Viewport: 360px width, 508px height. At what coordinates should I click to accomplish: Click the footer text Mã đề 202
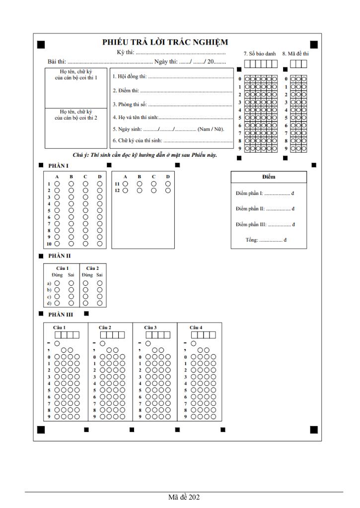pyautogui.click(x=184, y=497)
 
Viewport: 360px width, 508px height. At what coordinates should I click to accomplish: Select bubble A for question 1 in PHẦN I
pyautogui.click(x=57, y=184)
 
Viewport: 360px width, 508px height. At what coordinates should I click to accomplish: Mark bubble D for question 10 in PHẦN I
pyautogui.click(x=100, y=244)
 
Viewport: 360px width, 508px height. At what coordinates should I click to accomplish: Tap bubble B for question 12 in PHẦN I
pyautogui.click(x=140, y=190)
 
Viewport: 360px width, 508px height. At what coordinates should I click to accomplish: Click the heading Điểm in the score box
pyautogui.click(x=269, y=177)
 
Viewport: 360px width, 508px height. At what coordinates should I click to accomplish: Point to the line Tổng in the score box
pyautogui.click(x=269, y=240)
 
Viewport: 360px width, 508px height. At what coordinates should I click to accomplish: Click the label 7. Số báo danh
pyautogui.click(x=260, y=53)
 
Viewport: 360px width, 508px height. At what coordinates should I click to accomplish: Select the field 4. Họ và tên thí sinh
pyautogui.click(x=172, y=117)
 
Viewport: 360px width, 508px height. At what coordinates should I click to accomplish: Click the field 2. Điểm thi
pyautogui.click(x=172, y=91)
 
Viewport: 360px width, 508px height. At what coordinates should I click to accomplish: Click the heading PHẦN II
pyautogui.click(x=59, y=256)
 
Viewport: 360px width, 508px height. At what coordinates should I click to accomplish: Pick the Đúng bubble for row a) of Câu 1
pyautogui.click(x=57, y=283)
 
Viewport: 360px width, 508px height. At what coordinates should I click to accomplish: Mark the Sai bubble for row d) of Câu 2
pyautogui.click(x=100, y=303)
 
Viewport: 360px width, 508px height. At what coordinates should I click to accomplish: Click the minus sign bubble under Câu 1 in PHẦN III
pyautogui.click(x=57, y=343)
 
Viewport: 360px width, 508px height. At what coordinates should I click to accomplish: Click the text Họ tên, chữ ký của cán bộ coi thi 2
pyautogui.click(x=75, y=115)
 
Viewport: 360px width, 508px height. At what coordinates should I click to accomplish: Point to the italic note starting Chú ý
pyautogui.click(x=144, y=155)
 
